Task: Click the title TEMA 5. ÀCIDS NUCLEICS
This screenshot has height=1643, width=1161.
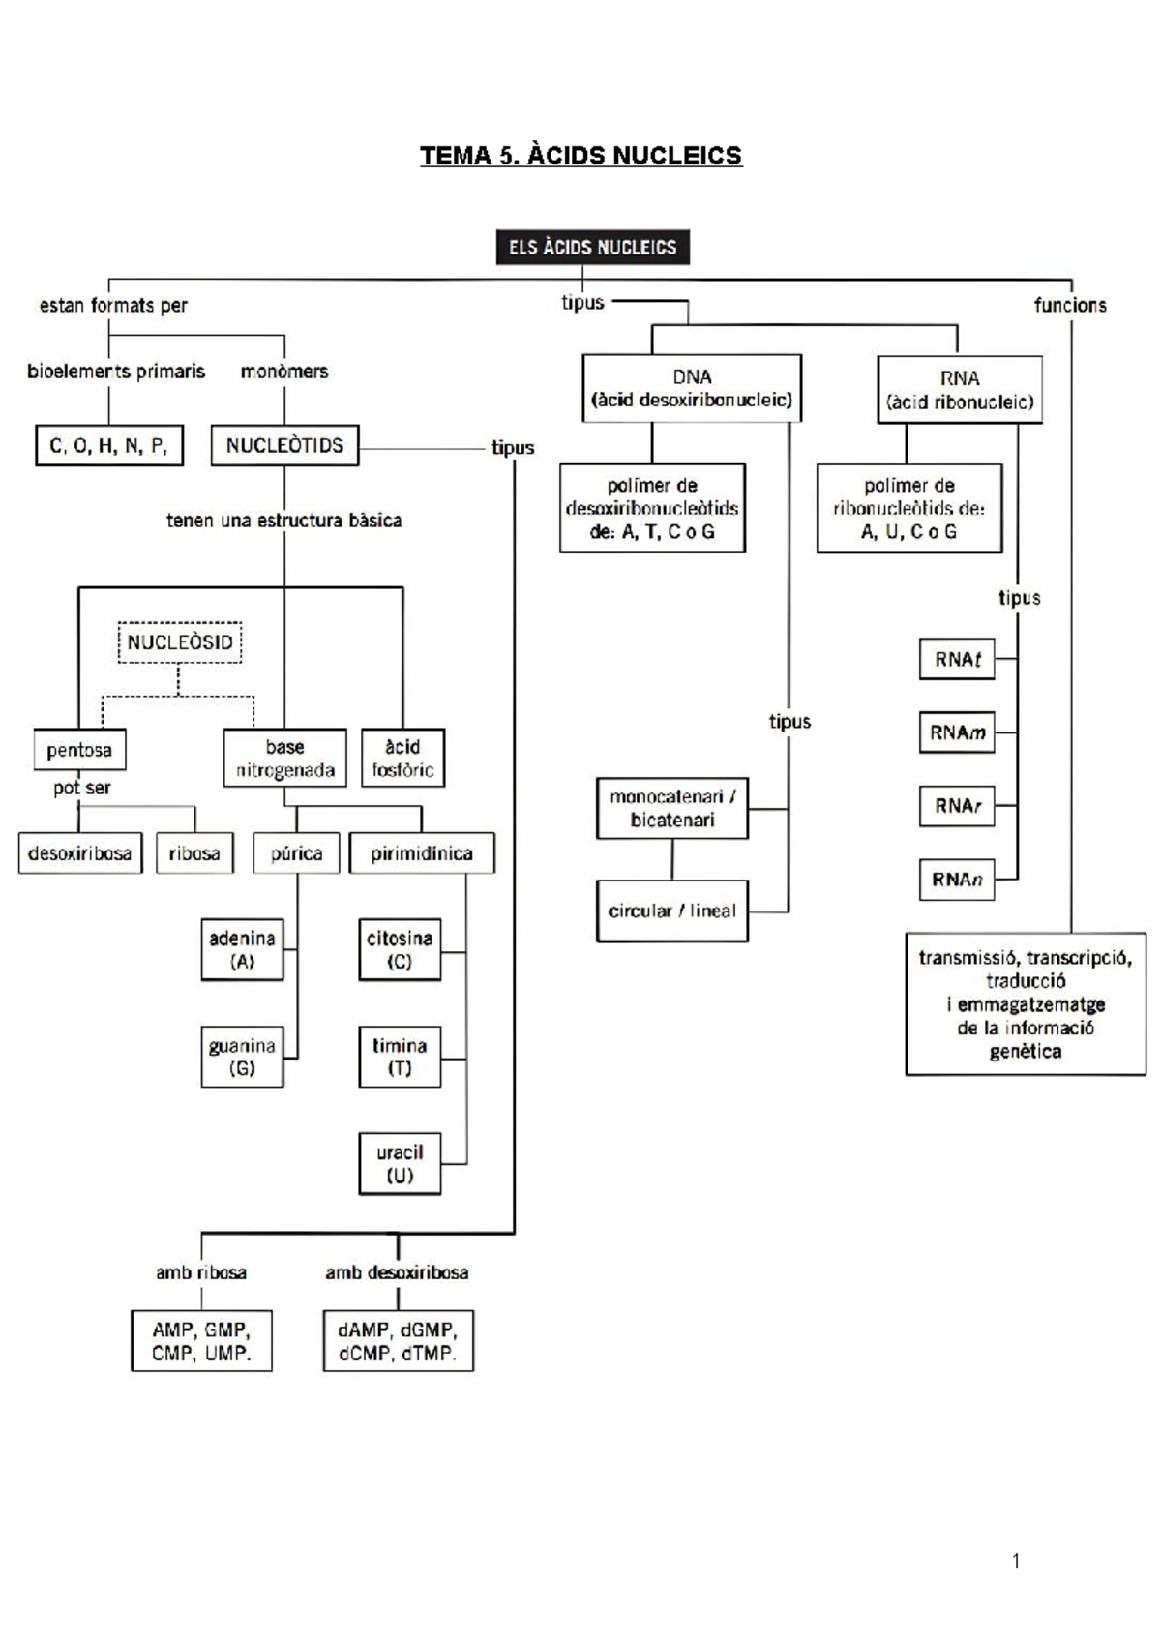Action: coord(580,156)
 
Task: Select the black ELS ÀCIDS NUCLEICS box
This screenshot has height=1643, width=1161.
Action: coord(592,247)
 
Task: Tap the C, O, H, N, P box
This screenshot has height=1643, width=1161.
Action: coord(109,446)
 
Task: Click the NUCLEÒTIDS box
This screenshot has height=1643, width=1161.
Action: coord(284,446)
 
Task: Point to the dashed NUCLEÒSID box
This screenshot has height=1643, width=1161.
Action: coord(180,642)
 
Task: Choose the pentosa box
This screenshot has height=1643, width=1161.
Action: coord(79,750)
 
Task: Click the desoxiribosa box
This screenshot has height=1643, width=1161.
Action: coord(79,853)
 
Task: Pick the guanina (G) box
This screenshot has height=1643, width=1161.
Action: coord(242,1057)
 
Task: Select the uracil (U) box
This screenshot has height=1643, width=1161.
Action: coord(400,1164)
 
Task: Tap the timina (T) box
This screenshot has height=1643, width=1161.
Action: coord(400,1057)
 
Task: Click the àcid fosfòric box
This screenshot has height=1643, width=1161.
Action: coord(402,758)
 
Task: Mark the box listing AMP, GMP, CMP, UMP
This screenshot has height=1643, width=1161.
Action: coord(201,1341)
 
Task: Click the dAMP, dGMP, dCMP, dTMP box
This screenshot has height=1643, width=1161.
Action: coord(398,1341)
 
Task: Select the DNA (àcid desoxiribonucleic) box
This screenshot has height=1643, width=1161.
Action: coord(692,388)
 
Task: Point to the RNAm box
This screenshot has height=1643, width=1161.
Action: coord(957,732)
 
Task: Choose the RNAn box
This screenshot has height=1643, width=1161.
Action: coord(957,880)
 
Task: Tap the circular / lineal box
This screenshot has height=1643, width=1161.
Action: coord(672,911)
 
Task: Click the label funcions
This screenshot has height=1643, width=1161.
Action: coord(1070,305)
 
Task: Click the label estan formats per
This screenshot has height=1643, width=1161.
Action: coord(113,306)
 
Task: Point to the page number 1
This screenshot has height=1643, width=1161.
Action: coord(1016,1560)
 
